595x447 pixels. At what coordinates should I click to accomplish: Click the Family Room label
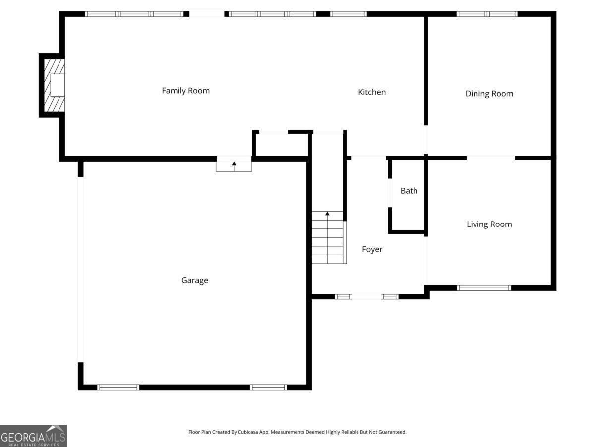click(185, 91)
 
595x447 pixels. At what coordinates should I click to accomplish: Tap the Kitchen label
click(372, 92)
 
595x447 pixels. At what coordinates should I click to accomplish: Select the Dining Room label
click(489, 94)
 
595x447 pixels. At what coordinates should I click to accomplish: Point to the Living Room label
click(489, 224)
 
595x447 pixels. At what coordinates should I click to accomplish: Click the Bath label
click(409, 191)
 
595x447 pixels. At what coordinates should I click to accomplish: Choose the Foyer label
click(372, 250)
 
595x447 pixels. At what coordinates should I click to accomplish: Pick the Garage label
click(194, 281)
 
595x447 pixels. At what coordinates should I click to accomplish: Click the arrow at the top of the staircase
click(327, 214)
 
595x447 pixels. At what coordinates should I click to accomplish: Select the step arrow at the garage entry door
click(234, 164)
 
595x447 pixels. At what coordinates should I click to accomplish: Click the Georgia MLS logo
click(33, 436)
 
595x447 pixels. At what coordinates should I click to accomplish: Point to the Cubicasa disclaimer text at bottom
click(297, 432)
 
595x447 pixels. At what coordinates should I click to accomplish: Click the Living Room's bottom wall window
click(483, 288)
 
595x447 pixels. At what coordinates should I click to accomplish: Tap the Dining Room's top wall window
click(486, 14)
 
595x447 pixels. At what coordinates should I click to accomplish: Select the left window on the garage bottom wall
click(118, 387)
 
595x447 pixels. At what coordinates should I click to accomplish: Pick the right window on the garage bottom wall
click(268, 387)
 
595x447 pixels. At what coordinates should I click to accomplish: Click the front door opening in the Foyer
click(366, 297)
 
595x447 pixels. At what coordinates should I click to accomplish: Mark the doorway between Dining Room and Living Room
click(490, 158)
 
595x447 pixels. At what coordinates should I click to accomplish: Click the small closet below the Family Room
click(281, 145)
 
